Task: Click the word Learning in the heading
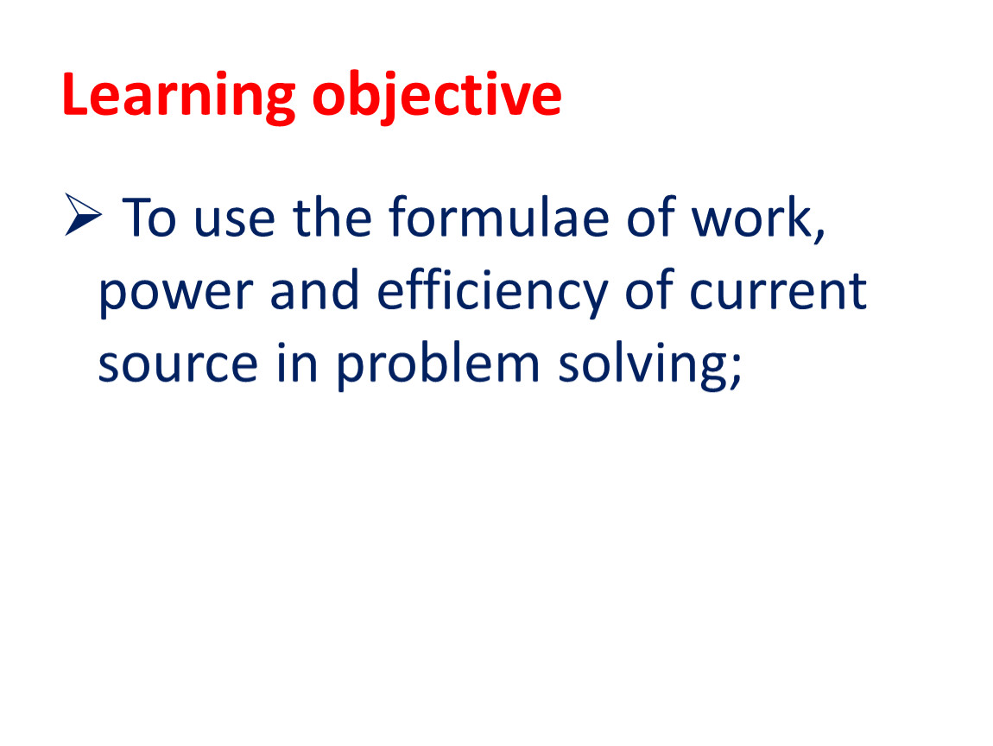179,96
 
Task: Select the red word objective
437,96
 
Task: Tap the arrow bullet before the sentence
83,215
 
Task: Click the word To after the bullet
149,218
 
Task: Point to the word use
234,222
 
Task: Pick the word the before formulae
332,217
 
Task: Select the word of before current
648,289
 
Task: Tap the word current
778,291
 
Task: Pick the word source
178,365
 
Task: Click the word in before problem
297,361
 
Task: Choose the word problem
438,364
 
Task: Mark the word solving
642,364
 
